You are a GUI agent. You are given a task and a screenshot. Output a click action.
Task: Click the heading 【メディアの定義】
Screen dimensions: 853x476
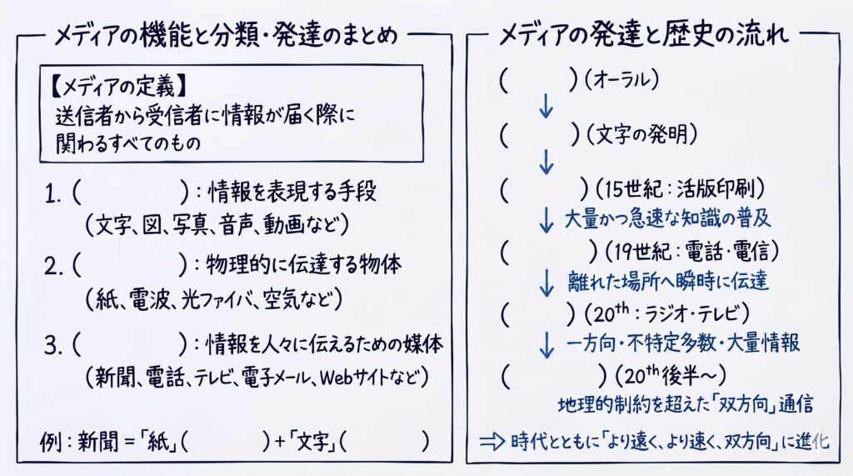click(x=119, y=86)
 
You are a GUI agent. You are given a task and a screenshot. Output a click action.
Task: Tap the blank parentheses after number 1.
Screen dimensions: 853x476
click(x=131, y=193)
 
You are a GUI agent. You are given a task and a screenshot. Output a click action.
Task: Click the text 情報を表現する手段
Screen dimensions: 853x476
click(x=292, y=192)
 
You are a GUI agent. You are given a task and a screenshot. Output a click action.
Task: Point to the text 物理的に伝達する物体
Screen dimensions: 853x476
click(x=303, y=265)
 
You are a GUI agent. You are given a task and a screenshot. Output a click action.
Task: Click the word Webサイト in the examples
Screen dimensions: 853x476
click(x=357, y=378)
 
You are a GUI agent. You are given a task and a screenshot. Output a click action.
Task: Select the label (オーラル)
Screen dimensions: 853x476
click(x=621, y=80)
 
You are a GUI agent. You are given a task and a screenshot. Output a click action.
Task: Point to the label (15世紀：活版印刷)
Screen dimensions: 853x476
click(x=680, y=189)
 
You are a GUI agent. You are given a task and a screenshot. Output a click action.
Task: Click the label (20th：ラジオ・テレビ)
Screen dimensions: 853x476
click(x=667, y=313)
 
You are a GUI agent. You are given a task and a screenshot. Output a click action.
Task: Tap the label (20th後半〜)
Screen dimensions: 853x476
click(x=671, y=374)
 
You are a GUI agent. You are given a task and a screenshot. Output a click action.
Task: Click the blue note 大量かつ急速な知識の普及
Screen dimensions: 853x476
click(x=667, y=219)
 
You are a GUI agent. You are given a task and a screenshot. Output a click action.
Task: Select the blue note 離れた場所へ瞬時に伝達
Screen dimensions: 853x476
click(x=668, y=281)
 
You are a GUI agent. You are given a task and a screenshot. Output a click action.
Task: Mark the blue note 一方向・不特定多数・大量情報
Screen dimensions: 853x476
click(x=683, y=343)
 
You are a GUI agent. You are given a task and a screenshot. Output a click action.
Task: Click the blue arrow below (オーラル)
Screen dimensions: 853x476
click(x=546, y=106)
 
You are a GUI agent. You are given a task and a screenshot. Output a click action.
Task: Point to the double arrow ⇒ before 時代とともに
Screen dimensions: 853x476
click(x=491, y=441)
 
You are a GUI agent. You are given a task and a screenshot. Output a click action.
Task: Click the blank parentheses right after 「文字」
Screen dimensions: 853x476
click(x=383, y=442)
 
